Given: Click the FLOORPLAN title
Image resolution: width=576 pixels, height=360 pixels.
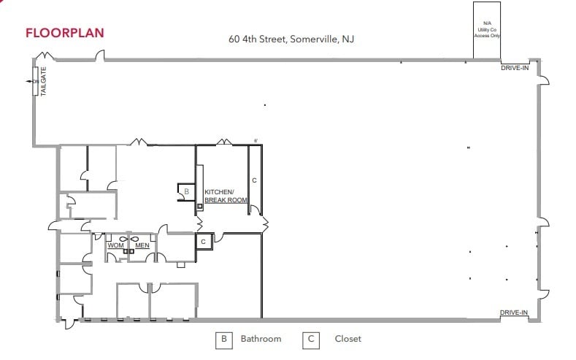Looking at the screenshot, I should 64,33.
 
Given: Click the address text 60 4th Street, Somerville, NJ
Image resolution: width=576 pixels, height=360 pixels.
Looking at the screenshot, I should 291,39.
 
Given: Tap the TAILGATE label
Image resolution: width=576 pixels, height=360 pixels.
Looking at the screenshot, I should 42,83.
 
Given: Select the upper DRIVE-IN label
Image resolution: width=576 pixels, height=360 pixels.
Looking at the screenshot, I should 514,67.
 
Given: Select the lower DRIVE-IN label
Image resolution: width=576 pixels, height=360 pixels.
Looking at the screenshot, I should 514,313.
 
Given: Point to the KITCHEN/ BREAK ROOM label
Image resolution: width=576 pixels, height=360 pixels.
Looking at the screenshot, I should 226,196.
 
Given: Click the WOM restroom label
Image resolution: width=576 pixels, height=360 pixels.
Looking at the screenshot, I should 115,245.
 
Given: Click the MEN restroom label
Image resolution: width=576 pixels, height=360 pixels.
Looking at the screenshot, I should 142,245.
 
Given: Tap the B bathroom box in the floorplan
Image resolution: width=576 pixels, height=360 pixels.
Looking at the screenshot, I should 186,191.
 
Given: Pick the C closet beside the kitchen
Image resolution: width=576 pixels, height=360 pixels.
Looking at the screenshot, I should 254,179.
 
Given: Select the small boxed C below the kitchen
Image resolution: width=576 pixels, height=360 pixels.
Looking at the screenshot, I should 203,241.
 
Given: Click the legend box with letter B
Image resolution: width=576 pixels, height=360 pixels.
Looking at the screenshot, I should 223,339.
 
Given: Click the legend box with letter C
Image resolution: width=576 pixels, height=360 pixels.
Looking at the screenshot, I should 312,339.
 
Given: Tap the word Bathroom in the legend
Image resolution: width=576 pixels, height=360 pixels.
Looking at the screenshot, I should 261,339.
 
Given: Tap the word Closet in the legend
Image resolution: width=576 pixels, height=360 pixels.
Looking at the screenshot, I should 347,339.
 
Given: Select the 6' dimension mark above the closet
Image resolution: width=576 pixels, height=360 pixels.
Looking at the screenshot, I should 256,140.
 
